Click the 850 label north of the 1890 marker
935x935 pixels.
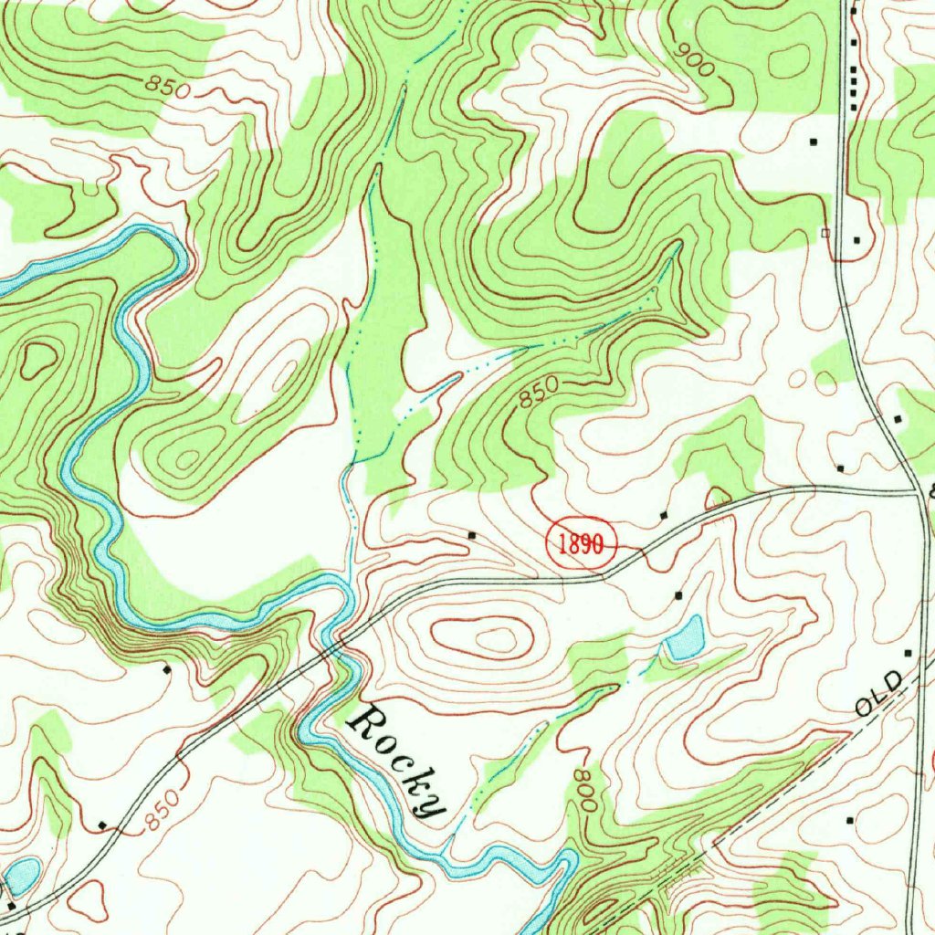[x=537, y=394]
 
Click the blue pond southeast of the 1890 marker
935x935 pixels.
[x=686, y=637]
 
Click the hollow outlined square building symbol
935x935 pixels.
[x=826, y=233]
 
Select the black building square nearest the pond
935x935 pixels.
[x=678, y=594]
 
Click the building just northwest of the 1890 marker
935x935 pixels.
[x=472, y=533]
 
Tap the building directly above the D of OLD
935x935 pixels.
[x=907, y=653]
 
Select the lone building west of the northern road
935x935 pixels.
[x=813, y=142]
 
